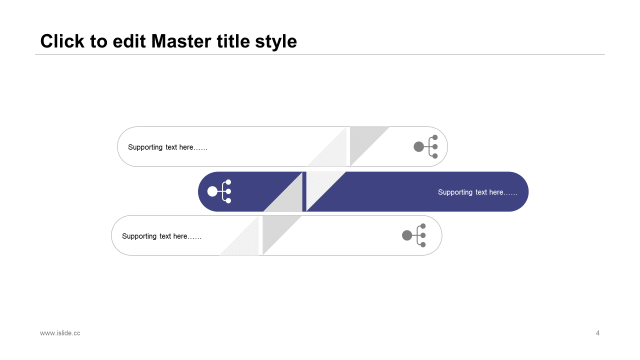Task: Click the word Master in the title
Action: (181, 41)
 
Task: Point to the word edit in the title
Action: (129, 41)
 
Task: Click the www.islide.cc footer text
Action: (60, 333)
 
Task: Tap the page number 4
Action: (597, 333)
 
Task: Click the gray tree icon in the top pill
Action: (425, 146)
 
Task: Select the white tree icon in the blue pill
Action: (219, 191)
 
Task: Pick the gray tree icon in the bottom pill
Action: (414, 235)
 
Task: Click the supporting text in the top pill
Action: (167, 147)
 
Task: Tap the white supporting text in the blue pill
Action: (477, 192)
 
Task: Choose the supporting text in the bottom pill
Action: (161, 236)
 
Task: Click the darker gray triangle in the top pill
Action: (362, 140)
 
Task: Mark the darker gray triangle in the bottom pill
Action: (275, 228)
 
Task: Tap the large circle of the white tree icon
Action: (212, 191)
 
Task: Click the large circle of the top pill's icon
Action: (418, 147)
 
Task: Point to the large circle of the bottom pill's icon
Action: (407, 235)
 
